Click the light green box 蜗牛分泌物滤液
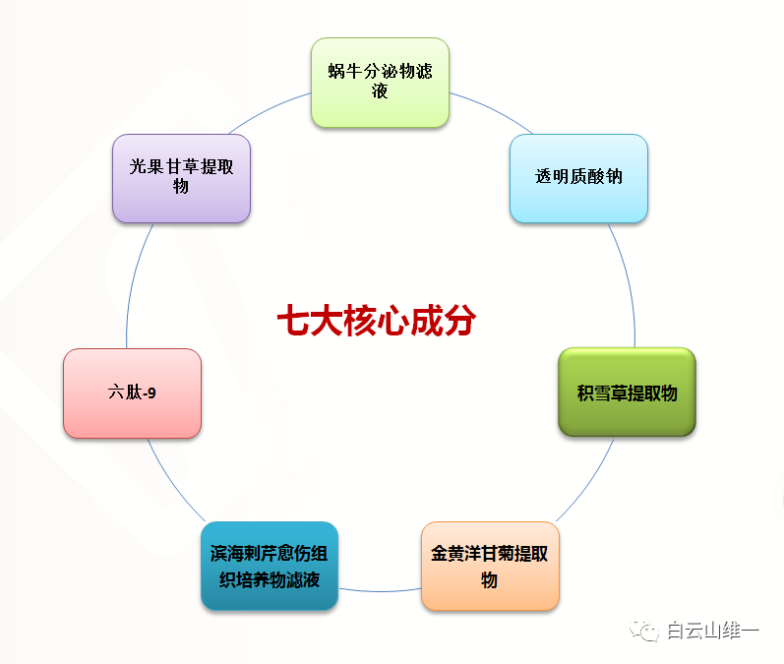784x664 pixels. (x=380, y=83)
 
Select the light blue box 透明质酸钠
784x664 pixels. (x=579, y=178)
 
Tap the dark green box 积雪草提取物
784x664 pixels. (x=627, y=392)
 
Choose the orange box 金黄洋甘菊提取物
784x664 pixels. (x=490, y=566)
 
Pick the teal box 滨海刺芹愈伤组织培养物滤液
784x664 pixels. (x=270, y=566)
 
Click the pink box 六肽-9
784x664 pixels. (x=133, y=393)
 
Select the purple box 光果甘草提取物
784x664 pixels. (x=182, y=178)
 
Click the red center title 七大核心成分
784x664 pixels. (x=377, y=320)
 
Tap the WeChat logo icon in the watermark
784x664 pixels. (x=644, y=630)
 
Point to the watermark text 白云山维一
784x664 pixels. (x=713, y=631)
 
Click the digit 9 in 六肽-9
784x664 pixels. (x=152, y=393)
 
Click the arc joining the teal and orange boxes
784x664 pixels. (x=380, y=591)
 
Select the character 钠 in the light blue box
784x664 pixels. (x=614, y=176)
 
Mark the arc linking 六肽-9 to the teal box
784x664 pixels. (x=174, y=482)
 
